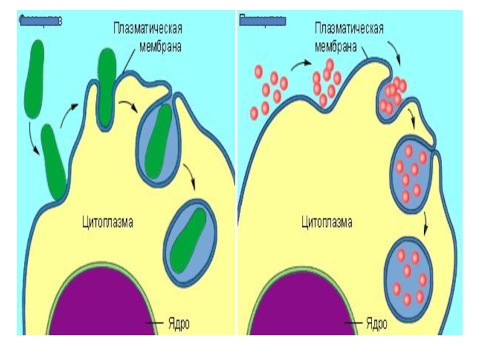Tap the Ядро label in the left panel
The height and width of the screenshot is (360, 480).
pyautogui.click(x=178, y=324)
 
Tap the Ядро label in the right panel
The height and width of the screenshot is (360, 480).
pyautogui.click(x=376, y=324)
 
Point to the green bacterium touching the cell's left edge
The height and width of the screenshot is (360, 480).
pyautogui.click(x=54, y=162)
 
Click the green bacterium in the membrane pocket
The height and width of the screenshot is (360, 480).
pyautogui.click(x=107, y=84)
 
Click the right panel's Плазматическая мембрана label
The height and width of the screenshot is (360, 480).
pyautogui.click(x=349, y=36)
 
